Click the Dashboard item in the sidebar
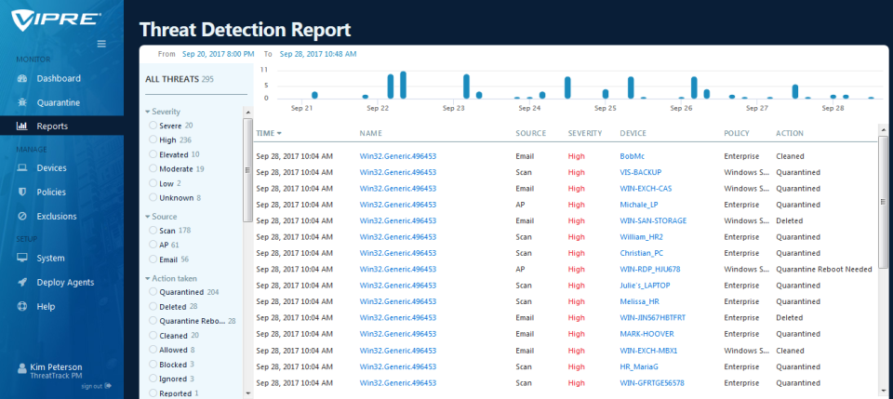click(58, 79)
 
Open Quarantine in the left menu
click(58, 102)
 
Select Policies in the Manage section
click(51, 192)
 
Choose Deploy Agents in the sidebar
click(65, 282)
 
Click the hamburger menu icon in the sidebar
click(101, 44)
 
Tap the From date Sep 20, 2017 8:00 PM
click(218, 54)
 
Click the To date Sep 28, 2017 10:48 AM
click(318, 54)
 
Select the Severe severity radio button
click(153, 125)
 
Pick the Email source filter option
click(153, 259)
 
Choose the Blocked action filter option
click(153, 365)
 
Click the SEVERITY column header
click(585, 134)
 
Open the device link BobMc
click(633, 156)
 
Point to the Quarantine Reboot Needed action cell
click(823, 269)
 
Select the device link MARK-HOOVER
click(646, 334)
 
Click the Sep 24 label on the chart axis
click(529, 108)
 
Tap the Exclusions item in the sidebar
click(56, 216)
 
